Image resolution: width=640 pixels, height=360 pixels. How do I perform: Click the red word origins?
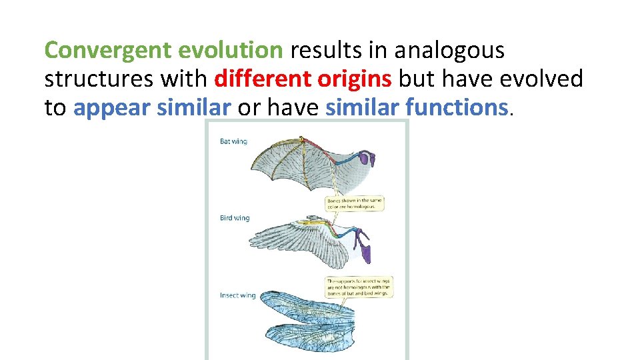(355, 79)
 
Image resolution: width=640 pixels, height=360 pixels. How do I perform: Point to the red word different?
(262, 79)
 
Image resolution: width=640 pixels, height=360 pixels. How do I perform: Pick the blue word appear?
(112, 108)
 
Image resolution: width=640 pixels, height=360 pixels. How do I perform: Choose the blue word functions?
(457, 108)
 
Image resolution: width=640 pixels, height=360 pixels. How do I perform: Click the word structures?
(98, 79)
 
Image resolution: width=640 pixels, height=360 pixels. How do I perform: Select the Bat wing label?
(233, 141)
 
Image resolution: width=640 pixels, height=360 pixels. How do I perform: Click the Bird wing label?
(235, 218)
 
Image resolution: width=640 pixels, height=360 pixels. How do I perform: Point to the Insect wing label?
(237, 295)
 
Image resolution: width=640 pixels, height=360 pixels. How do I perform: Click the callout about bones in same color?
(355, 203)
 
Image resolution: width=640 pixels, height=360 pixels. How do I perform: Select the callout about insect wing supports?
(359, 287)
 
